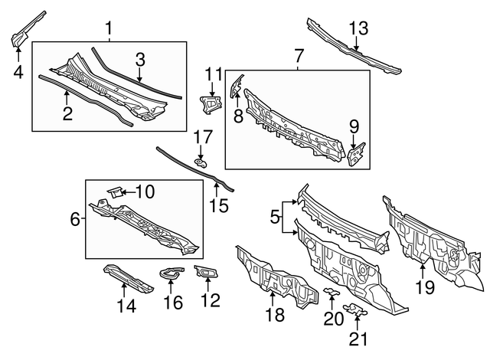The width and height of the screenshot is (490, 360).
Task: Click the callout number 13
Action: (x=359, y=29)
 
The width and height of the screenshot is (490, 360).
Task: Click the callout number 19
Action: (x=424, y=287)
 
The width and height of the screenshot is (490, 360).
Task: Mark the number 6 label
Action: (x=75, y=219)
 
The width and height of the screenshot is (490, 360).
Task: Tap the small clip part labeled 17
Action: (x=201, y=162)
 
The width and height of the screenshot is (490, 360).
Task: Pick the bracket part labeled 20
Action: (x=330, y=293)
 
